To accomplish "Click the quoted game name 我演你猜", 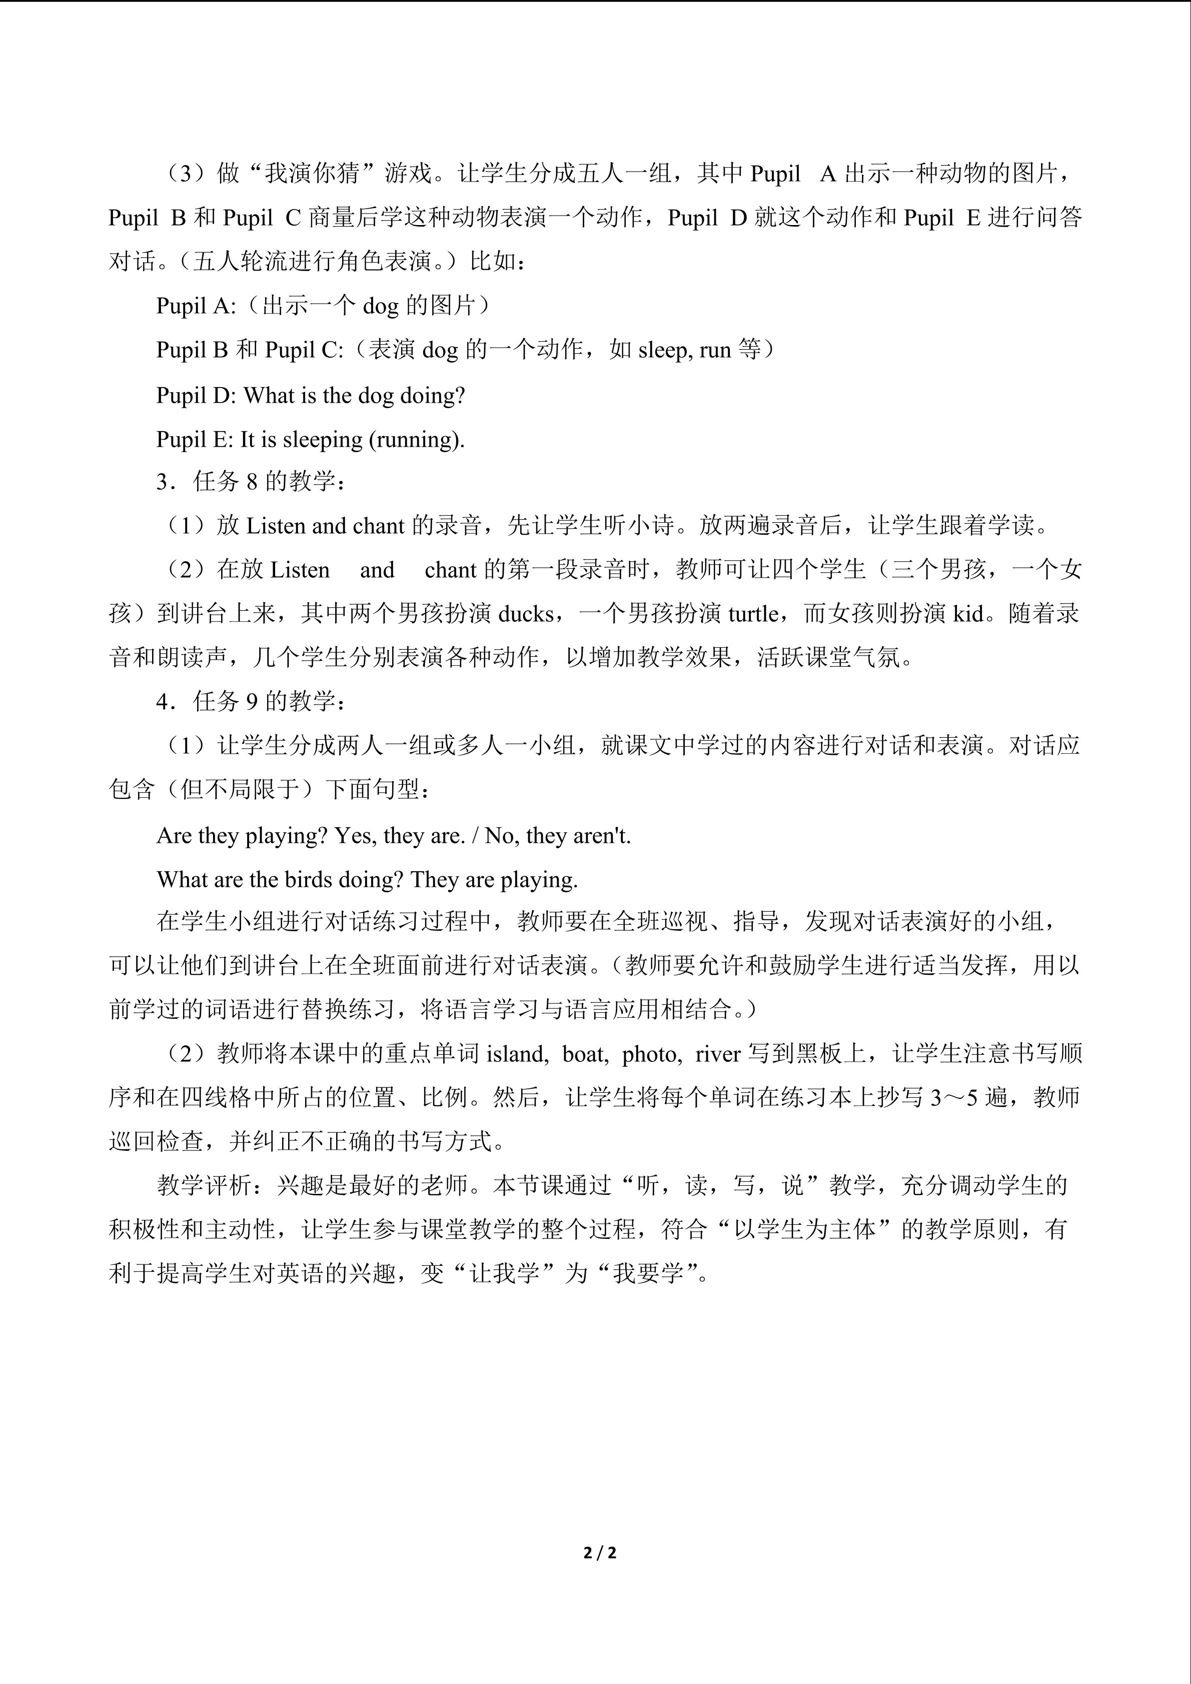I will coord(312,174).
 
